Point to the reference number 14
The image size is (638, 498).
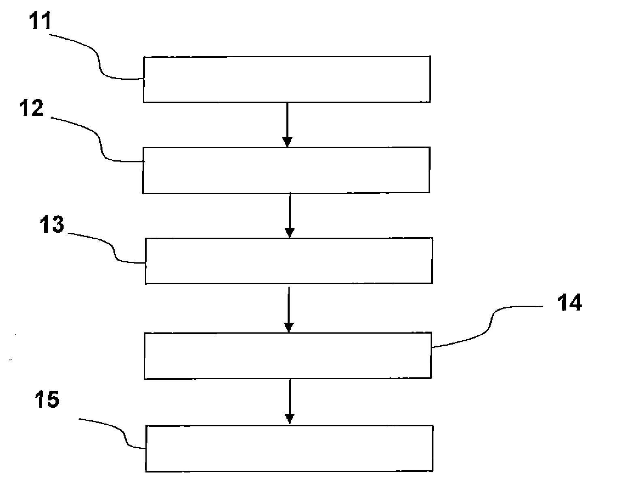[569, 302]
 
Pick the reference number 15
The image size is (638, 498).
[47, 399]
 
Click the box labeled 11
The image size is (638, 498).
[286, 79]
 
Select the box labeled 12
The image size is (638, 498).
[286, 170]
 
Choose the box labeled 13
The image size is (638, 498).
[288, 260]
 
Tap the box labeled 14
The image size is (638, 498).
[287, 355]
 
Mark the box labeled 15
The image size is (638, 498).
[289, 448]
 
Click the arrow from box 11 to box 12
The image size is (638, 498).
[287, 124]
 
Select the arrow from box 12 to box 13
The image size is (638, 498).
[289, 215]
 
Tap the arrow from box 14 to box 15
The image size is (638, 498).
[289, 401]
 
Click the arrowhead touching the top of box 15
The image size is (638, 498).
[289, 419]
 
